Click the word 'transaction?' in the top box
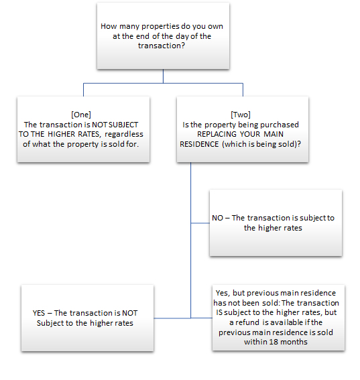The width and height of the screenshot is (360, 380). (162, 46)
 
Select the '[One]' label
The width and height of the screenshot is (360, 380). (81, 115)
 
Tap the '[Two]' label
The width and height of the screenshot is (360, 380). (241, 115)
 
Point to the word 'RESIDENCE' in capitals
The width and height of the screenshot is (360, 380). (199, 144)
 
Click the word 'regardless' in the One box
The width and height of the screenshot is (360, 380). (124, 134)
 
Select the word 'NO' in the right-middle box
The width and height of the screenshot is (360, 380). (217, 218)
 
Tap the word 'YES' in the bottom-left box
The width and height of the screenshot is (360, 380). (39, 313)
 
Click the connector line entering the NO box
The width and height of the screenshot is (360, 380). (200, 223)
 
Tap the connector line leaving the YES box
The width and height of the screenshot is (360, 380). (172, 318)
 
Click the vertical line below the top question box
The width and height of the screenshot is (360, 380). (163, 76)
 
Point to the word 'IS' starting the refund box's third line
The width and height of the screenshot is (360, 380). (219, 312)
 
